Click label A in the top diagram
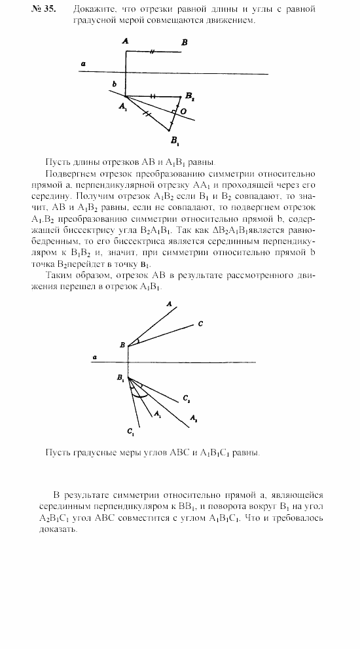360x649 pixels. pyautogui.click(x=125, y=41)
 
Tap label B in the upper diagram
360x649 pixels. pyautogui.click(x=185, y=42)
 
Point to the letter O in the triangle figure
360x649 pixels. pyautogui.click(x=184, y=112)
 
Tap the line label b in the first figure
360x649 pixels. pyautogui.click(x=114, y=85)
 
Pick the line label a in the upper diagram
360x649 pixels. pyautogui.click(x=82, y=63)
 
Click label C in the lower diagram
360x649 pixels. pyautogui.click(x=200, y=324)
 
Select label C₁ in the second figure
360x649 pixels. pyautogui.click(x=132, y=431)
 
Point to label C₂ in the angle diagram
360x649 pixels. pyautogui.click(x=186, y=398)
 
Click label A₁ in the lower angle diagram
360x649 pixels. pyautogui.click(x=157, y=413)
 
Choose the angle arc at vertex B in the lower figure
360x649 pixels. pyautogui.click(x=135, y=342)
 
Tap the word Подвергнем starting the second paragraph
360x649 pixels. pyautogui.click(x=69, y=173)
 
